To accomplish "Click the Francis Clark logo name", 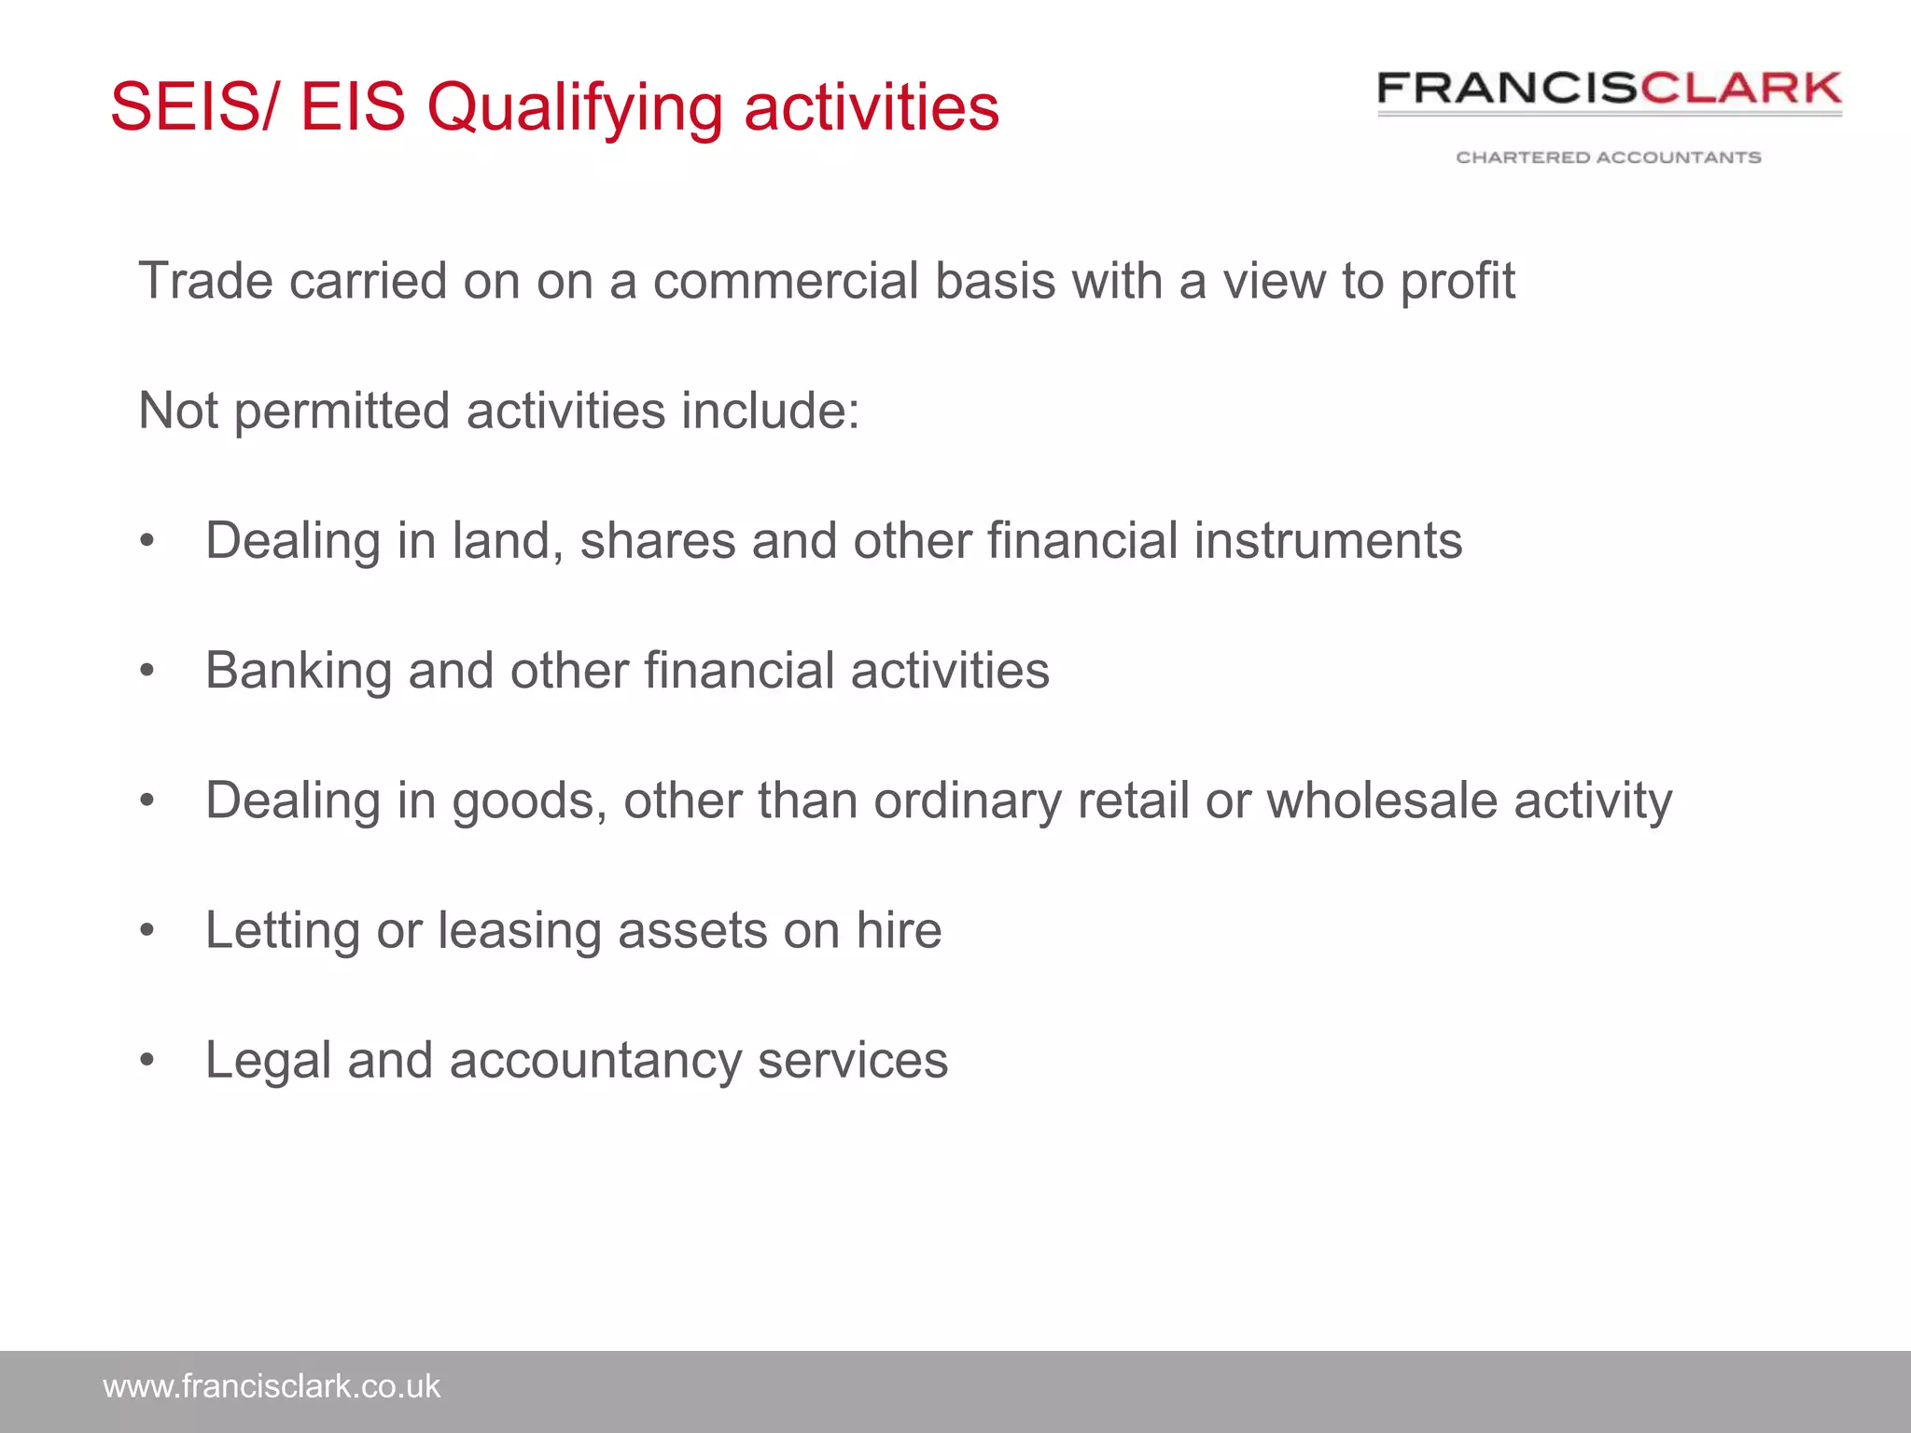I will point(1609,90).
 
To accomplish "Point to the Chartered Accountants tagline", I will point(1609,158).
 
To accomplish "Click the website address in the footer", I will point(272,1386).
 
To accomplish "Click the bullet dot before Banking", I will point(146,671).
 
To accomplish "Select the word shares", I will point(658,541).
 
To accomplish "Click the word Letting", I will point(283,931).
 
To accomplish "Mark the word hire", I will point(899,930).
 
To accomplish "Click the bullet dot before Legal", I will point(146,1061).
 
